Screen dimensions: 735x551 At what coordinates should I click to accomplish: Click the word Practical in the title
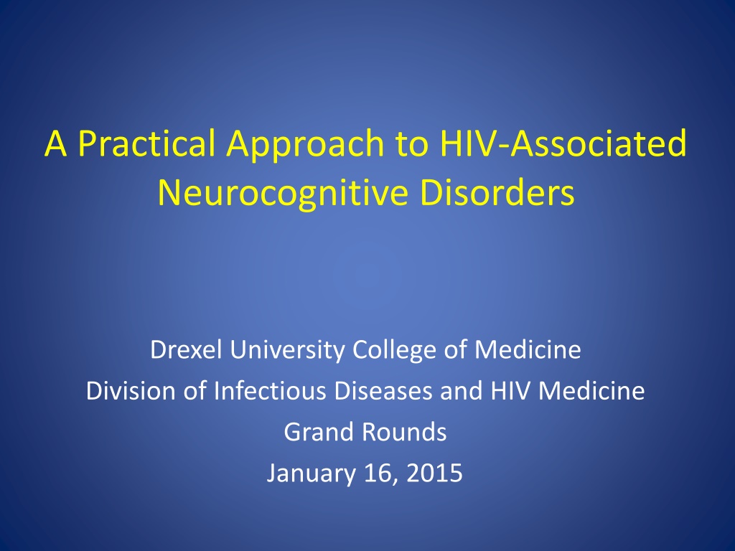point(146,143)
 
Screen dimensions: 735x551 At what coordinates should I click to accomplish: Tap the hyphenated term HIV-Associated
point(563,143)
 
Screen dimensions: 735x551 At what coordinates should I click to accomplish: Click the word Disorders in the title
point(497,192)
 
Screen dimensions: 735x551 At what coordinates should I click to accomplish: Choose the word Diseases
point(383,391)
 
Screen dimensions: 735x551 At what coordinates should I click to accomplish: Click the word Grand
point(318,432)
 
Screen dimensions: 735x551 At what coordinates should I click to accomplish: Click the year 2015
point(434,474)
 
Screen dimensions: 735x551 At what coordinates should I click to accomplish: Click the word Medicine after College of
point(528,349)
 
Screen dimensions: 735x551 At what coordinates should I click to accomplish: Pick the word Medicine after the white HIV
point(591,391)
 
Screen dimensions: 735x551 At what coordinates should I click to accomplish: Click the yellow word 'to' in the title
point(412,144)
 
